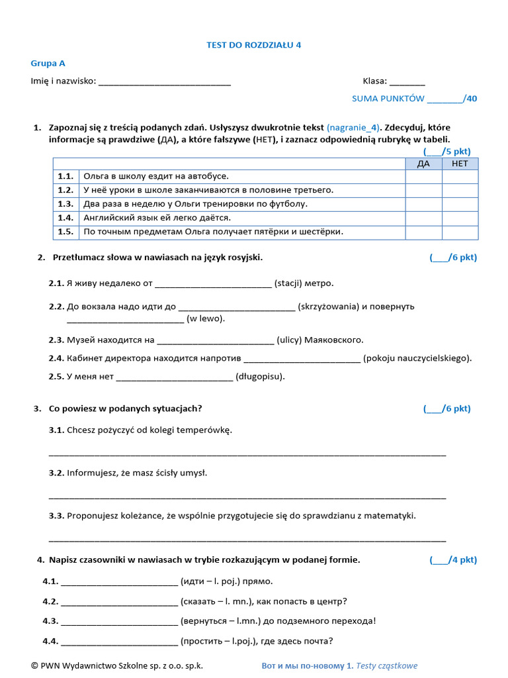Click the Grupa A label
point(48,64)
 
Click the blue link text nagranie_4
point(354,127)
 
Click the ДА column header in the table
point(423,164)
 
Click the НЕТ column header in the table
point(460,164)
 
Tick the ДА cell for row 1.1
point(423,176)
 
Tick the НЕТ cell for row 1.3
point(460,204)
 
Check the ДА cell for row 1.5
point(423,232)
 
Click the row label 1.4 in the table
point(65,218)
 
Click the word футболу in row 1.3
point(288,204)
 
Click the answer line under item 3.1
point(247,454)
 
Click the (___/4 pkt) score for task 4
point(453,560)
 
